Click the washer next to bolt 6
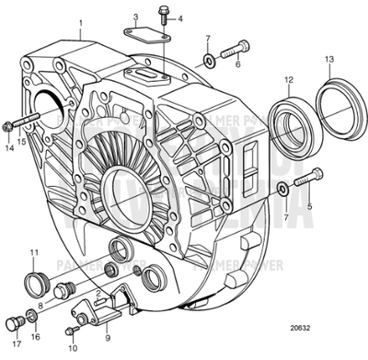point(210,60)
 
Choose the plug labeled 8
point(63,294)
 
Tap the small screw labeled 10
point(72,330)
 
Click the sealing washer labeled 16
point(33,318)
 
